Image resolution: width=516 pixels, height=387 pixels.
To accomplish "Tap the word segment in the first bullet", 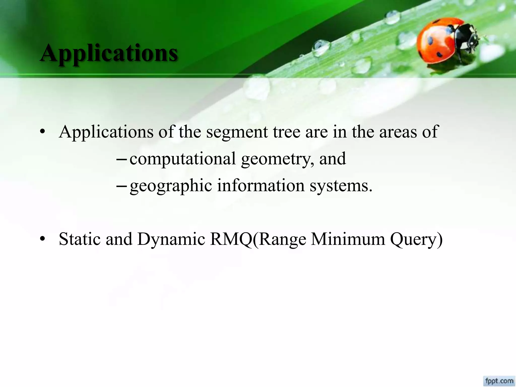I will (x=237, y=132).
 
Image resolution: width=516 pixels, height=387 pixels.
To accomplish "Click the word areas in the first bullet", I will (x=398, y=132).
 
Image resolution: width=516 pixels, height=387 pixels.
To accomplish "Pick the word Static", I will (x=79, y=239).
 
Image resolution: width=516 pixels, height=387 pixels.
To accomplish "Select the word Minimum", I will (x=348, y=239).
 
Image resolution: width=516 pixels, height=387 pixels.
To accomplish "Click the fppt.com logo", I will (x=499, y=381).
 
